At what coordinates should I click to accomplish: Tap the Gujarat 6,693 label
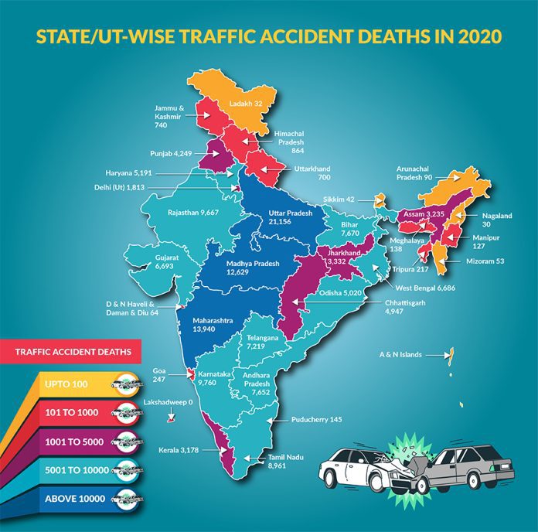click(x=166, y=261)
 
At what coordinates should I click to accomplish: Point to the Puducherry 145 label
click(x=316, y=420)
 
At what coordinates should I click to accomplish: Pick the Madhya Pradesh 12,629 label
click(x=251, y=269)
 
